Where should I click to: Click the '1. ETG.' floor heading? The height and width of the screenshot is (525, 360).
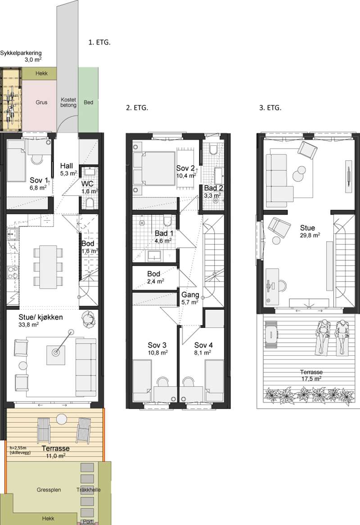tap(99, 42)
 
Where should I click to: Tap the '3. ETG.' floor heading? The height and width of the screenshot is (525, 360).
tap(270, 108)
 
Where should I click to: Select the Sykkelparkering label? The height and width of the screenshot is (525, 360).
tap(21, 53)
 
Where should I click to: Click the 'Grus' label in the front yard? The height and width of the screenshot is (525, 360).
tap(41, 103)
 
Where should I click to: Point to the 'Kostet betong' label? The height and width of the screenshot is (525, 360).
tap(68, 102)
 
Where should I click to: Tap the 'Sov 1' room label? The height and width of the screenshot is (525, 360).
tap(39, 181)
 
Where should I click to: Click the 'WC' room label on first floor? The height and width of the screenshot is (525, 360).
tap(87, 184)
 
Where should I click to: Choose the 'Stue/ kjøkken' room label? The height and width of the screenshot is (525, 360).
tap(41, 317)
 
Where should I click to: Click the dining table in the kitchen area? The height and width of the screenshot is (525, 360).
tap(48, 267)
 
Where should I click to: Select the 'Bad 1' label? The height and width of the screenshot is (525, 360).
tap(164, 233)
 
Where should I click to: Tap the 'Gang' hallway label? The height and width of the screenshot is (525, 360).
tap(190, 295)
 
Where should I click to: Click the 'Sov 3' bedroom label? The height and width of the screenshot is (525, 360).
tap(157, 345)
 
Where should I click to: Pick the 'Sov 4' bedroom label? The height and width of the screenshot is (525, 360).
tap(204, 345)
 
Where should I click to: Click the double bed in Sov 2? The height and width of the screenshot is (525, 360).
tap(154, 168)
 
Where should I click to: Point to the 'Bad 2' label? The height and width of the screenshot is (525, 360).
tap(213, 188)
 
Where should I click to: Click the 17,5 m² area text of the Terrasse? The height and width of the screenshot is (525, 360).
tap(311, 379)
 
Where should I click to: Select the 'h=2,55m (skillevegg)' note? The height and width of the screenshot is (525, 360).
tap(20, 450)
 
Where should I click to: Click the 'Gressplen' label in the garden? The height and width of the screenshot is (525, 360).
tap(49, 490)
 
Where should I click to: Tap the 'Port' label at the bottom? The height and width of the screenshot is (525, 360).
tap(88, 522)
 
